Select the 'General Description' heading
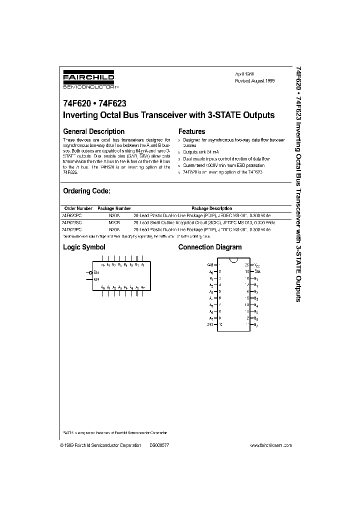click(93, 131)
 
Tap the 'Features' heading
click(191, 131)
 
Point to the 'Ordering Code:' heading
click(86, 191)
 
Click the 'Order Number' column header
click(78, 208)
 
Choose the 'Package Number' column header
click(114, 208)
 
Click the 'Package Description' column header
click(212, 208)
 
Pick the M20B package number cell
click(114, 221)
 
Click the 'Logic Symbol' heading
click(84, 247)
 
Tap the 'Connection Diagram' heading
click(210, 247)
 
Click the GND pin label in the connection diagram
click(210, 324)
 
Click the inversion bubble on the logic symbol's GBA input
click(91, 272)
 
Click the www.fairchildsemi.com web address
click(268, 445)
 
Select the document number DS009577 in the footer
click(159, 445)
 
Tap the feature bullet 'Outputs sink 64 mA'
click(201, 151)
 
